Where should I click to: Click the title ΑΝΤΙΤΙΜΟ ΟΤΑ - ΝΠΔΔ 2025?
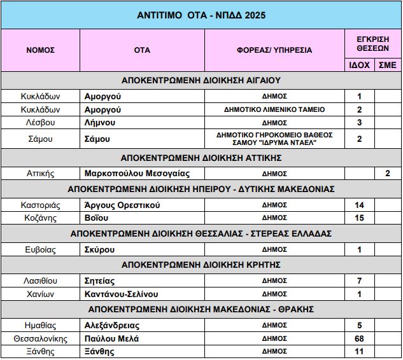click(x=201, y=15)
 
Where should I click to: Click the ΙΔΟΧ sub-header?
click(x=359, y=65)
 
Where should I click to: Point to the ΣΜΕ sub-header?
click(x=387, y=65)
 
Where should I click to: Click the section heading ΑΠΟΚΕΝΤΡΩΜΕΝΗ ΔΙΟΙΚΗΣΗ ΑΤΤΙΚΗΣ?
click(x=201, y=158)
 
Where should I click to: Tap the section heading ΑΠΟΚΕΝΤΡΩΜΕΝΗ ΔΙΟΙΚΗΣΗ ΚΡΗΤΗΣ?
click(x=201, y=264)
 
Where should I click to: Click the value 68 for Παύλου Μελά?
click(x=359, y=339)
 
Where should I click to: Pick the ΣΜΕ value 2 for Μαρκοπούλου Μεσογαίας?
click(x=387, y=173)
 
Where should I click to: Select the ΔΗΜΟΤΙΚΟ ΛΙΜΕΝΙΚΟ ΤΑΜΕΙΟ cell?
click(x=274, y=109)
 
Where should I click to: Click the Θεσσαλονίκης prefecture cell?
click(x=40, y=339)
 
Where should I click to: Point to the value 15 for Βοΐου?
click(x=359, y=218)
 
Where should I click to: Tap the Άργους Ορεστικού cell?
click(x=122, y=205)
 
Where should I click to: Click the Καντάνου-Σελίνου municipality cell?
click(x=121, y=294)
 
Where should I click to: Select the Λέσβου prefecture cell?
click(x=40, y=122)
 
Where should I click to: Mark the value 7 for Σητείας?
click(x=359, y=280)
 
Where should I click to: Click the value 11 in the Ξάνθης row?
click(x=359, y=351)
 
